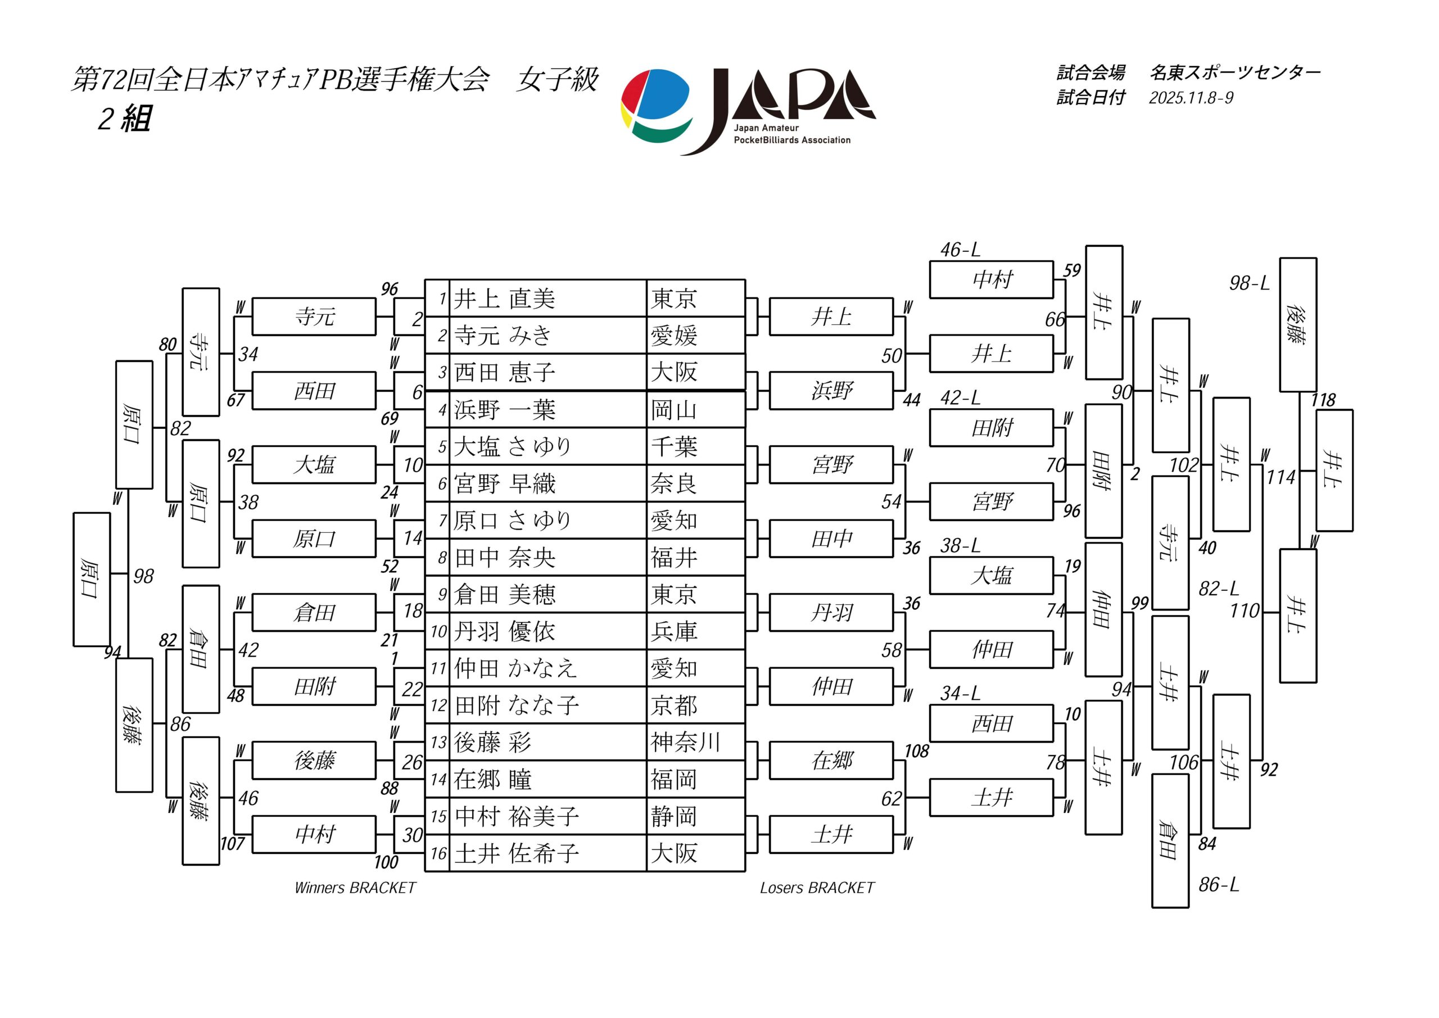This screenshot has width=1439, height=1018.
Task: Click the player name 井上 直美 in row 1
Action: pyautogui.click(x=505, y=299)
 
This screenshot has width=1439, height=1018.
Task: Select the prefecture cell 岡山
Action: pyautogui.click(x=674, y=410)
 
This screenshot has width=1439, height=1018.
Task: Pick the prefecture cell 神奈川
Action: pyautogui.click(x=685, y=742)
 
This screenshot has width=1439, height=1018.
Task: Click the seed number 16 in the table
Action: pyautogui.click(x=438, y=853)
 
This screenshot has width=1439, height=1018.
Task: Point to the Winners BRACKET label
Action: pyautogui.click(x=355, y=888)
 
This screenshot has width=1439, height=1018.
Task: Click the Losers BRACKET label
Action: pyautogui.click(x=817, y=888)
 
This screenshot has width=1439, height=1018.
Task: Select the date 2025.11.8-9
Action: pyautogui.click(x=1191, y=98)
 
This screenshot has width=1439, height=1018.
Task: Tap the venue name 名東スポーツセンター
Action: pyautogui.click(x=1235, y=73)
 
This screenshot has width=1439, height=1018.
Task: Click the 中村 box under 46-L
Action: pyautogui.click(x=991, y=279)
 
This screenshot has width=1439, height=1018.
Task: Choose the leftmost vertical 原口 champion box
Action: pyautogui.click(x=92, y=579)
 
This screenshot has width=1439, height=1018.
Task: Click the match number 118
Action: pyautogui.click(x=1323, y=400)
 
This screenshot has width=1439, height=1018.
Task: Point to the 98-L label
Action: pyautogui.click(x=1249, y=283)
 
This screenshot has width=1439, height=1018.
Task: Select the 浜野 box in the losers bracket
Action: pyautogui.click(x=831, y=391)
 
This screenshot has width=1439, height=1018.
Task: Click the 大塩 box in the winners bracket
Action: pyautogui.click(x=314, y=465)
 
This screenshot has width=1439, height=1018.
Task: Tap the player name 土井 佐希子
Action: pyautogui.click(x=517, y=853)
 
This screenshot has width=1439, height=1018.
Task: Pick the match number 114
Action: pyautogui.click(x=1280, y=478)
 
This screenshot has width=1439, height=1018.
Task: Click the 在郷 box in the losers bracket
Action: pyautogui.click(x=831, y=761)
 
